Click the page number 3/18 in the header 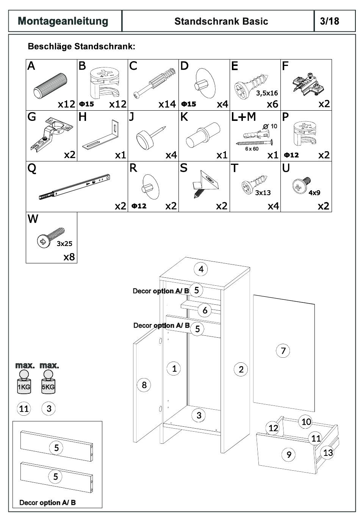(x=329, y=21)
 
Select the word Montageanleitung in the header (x=63, y=21)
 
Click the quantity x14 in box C (x=167, y=104)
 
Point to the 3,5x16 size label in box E (x=267, y=92)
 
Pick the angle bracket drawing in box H (x=101, y=136)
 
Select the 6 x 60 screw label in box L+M (x=252, y=149)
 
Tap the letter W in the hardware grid (x=33, y=219)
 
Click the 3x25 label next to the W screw (x=64, y=244)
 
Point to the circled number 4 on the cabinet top (x=201, y=269)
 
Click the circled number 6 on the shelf (x=205, y=310)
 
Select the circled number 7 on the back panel (x=283, y=351)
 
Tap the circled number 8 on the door (x=144, y=385)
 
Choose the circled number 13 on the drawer (x=328, y=452)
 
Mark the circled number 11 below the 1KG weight (x=24, y=409)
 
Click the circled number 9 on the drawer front (x=289, y=454)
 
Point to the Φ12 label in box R (x=139, y=206)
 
